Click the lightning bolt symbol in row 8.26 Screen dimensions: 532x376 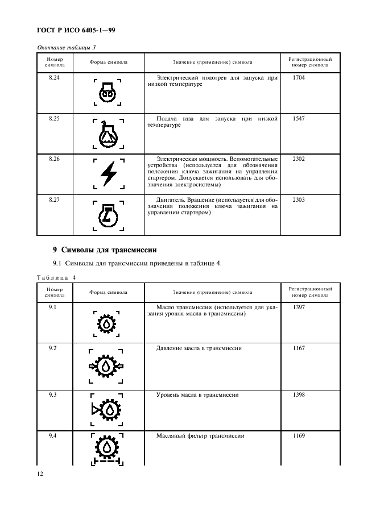click(x=108, y=174)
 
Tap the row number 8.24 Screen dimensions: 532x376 click(x=54, y=77)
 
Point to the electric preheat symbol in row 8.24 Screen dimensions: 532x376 click(x=108, y=93)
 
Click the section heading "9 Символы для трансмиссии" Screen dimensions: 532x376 click(x=104, y=249)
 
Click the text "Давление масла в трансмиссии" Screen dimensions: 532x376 click(x=199, y=348)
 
